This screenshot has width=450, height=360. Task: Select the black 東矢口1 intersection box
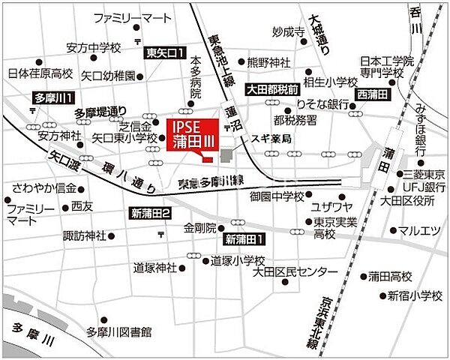(165, 52)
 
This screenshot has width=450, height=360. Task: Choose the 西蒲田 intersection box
(372, 94)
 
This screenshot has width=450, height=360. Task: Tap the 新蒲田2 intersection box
(151, 213)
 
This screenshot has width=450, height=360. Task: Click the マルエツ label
(418, 230)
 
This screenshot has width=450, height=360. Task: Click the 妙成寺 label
(289, 32)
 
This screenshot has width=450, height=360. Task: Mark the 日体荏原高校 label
(40, 74)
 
